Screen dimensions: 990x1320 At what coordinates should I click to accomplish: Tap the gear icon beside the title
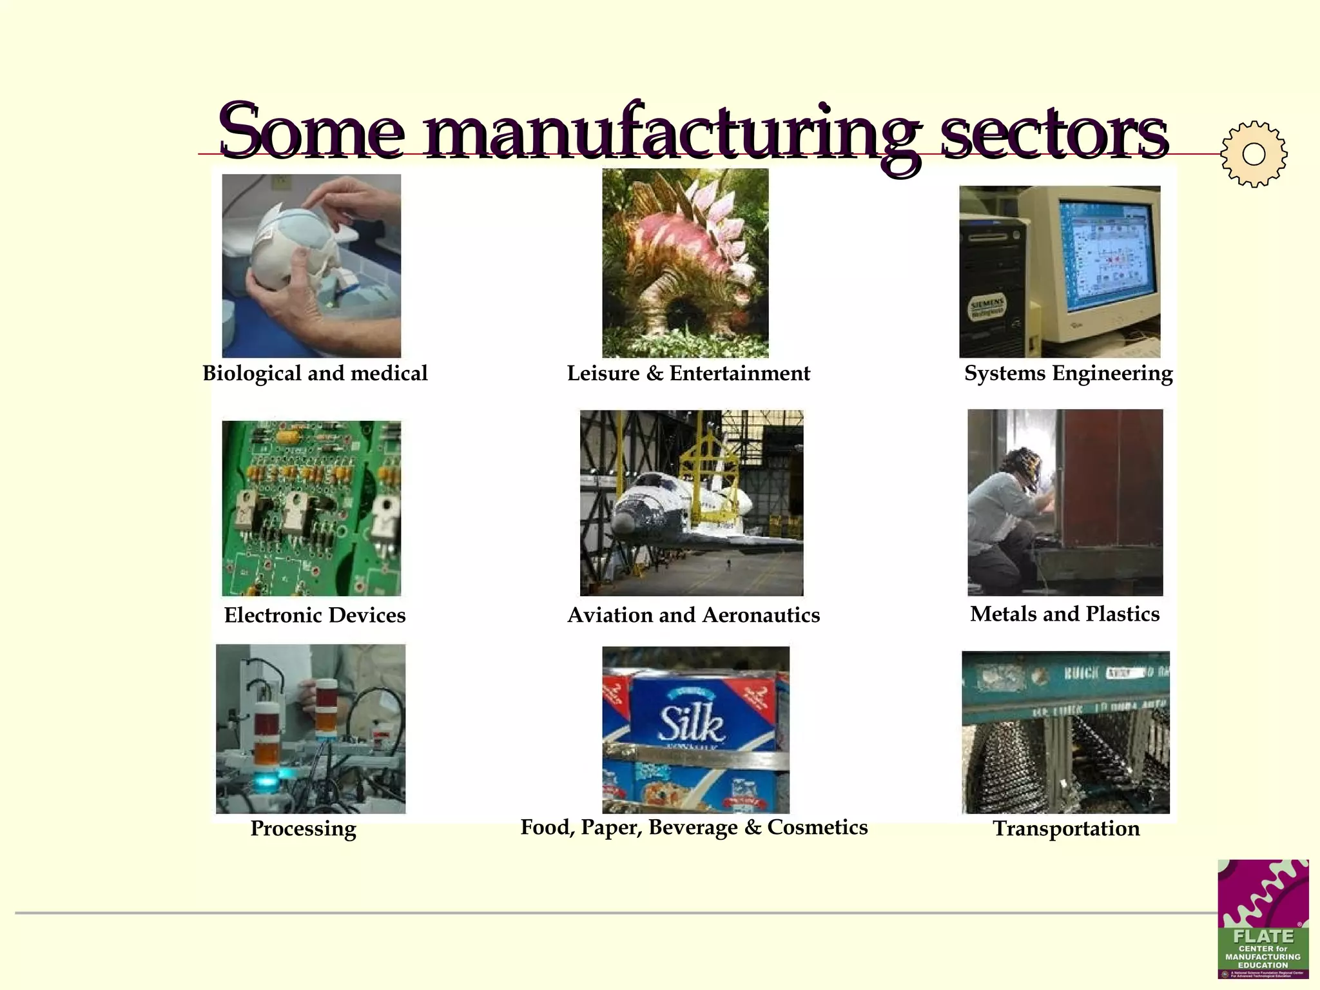tap(1254, 154)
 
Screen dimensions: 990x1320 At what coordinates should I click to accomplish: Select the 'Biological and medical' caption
tap(315, 373)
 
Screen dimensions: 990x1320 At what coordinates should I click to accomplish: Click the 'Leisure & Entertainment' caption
tap(688, 373)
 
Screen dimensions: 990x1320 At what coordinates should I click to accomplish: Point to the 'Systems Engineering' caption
tap(1068, 373)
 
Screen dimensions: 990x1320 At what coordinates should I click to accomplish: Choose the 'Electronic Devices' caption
tap(315, 615)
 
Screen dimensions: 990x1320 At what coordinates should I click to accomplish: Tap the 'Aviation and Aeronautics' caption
tap(694, 615)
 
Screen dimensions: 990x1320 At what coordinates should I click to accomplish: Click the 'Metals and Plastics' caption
tap(1065, 614)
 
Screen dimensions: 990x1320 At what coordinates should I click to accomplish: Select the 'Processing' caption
tap(303, 828)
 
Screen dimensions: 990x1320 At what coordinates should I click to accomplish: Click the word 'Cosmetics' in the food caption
tap(817, 827)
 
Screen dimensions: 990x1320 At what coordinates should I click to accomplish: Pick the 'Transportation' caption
tap(1066, 828)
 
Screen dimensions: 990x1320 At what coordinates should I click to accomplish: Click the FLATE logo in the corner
tap(1263, 918)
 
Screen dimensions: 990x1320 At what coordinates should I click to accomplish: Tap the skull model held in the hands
tap(284, 248)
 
